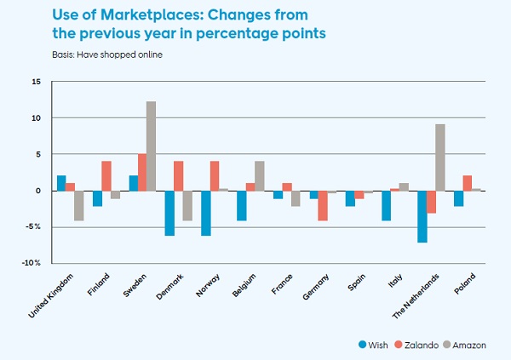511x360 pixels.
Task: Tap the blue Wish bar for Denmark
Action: click(x=169, y=213)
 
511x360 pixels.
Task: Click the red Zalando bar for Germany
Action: click(x=323, y=205)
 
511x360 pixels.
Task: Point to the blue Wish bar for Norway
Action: click(x=205, y=213)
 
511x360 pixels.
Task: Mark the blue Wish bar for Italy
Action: click(x=386, y=205)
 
